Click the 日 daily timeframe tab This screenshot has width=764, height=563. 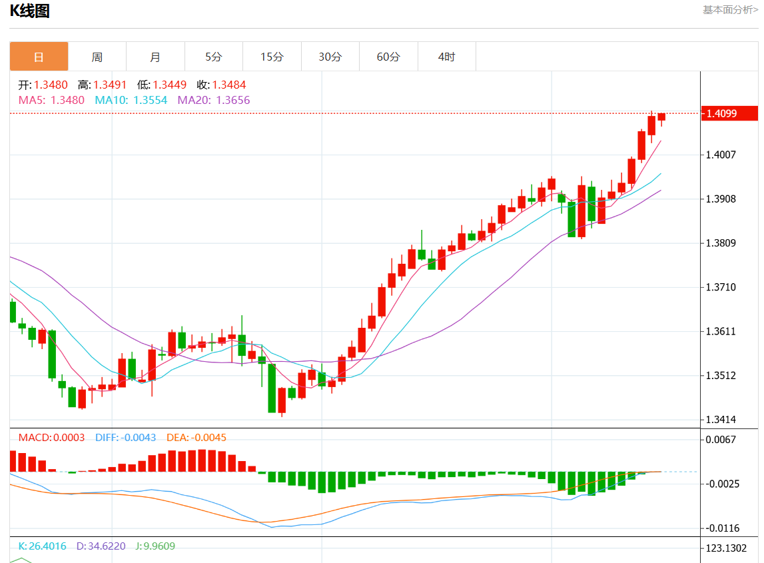[39, 57]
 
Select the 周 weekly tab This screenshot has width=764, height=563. [97, 57]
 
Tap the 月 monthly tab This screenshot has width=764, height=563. [155, 57]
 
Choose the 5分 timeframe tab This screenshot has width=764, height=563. [213, 57]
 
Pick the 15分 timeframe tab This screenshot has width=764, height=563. [272, 57]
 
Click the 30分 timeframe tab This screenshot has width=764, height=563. [330, 57]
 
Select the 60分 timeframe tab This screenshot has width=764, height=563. [388, 57]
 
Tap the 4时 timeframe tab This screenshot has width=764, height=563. [446, 57]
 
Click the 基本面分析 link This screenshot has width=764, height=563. [730, 9]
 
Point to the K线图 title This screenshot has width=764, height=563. [29, 11]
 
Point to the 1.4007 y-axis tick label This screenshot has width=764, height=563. [721, 155]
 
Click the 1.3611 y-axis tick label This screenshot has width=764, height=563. [721, 331]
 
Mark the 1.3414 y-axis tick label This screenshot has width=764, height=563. [721, 420]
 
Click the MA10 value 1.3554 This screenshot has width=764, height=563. [151, 100]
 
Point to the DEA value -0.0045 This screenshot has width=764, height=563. [208, 438]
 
